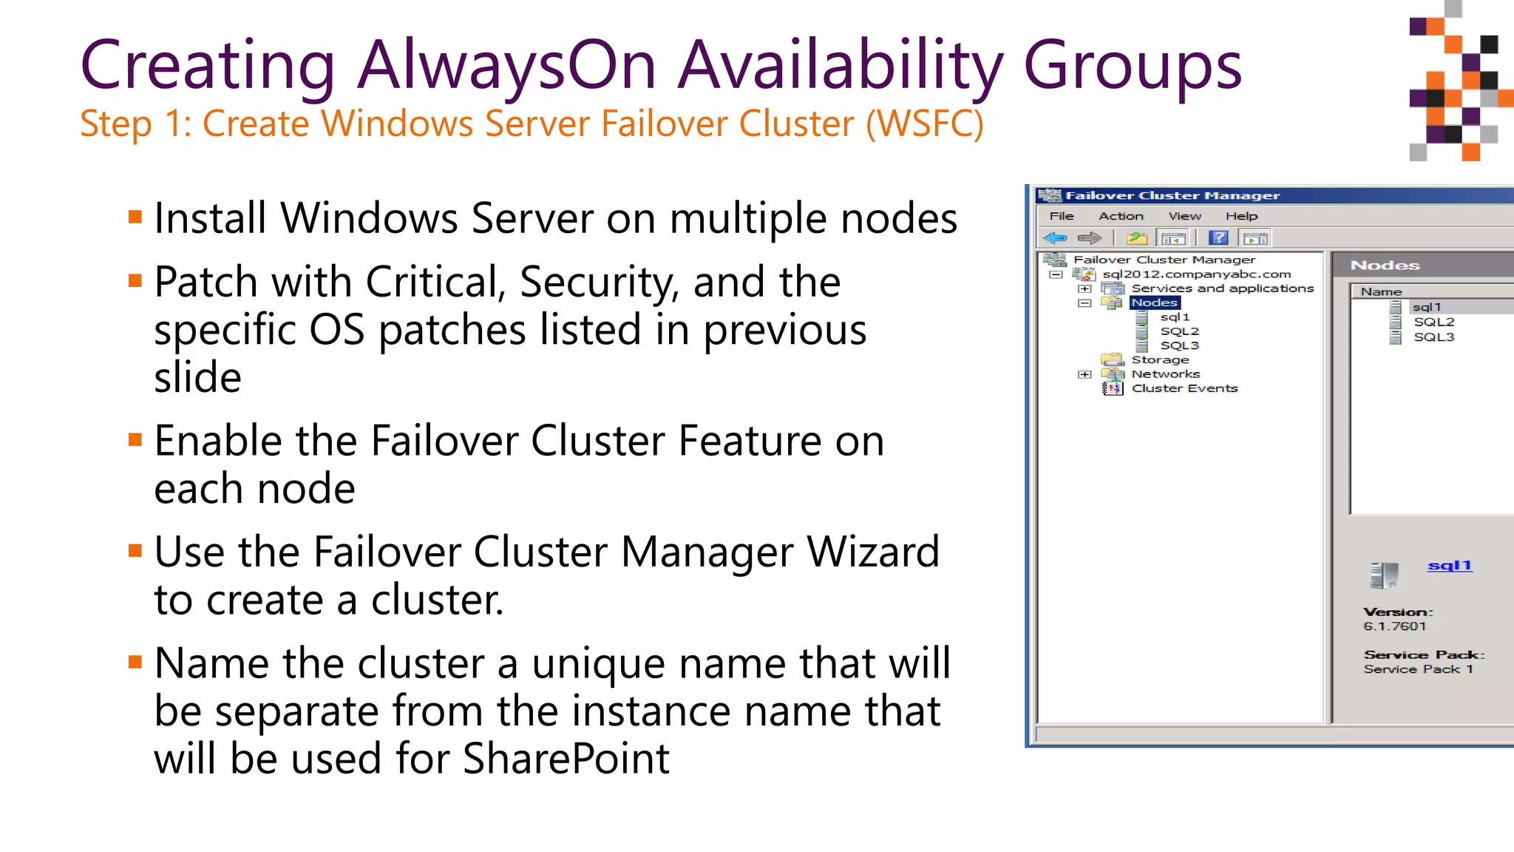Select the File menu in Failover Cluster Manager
[x=1062, y=216]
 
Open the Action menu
[x=1121, y=216]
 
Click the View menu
[x=1184, y=216]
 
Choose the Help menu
[x=1241, y=216]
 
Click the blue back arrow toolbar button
[x=1055, y=238]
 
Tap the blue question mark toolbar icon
[x=1218, y=238]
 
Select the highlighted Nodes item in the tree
[x=1154, y=302]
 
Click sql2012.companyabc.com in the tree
[x=1196, y=274]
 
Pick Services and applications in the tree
[x=1222, y=288]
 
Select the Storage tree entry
[x=1160, y=360]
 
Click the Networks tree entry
[x=1165, y=374]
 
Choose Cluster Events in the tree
[x=1184, y=388]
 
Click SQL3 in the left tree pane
[x=1179, y=345]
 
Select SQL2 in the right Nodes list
[x=1433, y=322]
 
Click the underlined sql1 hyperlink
[x=1450, y=566]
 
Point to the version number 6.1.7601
[x=1394, y=626]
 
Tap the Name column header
[x=1381, y=292]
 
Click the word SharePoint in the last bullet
[x=566, y=760]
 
